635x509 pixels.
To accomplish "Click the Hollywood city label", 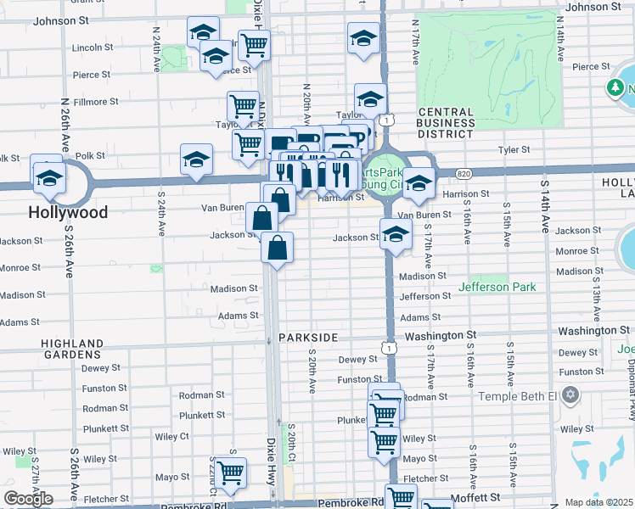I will [x=69, y=212].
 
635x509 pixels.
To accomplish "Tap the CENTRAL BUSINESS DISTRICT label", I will [x=446, y=123].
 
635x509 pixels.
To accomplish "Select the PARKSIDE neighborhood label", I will [x=308, y=338].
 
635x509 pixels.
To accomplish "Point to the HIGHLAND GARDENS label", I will [x=72, y=350].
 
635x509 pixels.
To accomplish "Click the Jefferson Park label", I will [x=497, y=287].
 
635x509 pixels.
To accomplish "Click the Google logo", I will [x=28, y=499].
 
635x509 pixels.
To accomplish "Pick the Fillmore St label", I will [x=95, y=102].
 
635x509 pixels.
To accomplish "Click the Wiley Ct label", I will [x=172, y=436].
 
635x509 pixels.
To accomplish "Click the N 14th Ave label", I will [x=560, y=44].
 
